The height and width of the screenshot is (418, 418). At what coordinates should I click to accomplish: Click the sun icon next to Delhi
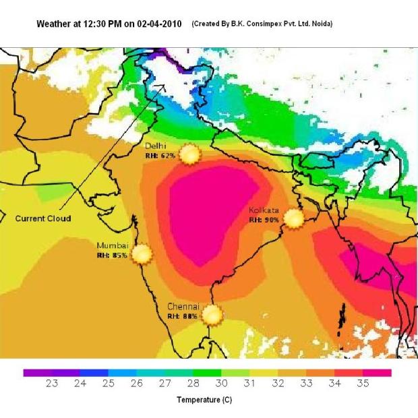tap(190, 154)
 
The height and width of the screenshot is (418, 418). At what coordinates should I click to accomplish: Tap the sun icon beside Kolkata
tap(293, 218)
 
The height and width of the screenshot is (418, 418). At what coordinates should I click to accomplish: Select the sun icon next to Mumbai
tap(142, 253)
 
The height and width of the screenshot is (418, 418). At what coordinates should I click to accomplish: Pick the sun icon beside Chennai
tap(212, 315)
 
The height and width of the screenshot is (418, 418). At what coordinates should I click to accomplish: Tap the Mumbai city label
tap(112, 245)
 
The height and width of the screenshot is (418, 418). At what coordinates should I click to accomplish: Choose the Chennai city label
tap(183, 306)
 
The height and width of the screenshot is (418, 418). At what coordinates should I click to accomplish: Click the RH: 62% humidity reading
tap(160, 155)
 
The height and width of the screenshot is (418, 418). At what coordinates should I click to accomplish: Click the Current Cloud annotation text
tap(43, 218)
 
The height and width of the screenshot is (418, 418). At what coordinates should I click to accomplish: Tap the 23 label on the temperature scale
tap(51, 384)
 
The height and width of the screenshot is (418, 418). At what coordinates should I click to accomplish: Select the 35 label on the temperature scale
tap(363, 384)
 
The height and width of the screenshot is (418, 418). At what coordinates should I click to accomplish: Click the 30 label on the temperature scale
tap(221, 384)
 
